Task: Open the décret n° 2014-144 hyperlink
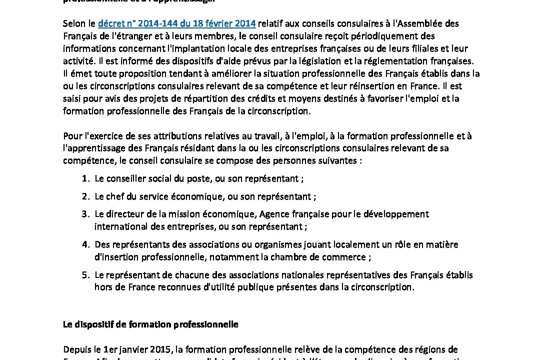176,23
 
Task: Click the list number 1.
85,178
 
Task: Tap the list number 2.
85,196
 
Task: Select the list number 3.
85,214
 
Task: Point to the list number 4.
85,244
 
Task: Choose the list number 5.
85,275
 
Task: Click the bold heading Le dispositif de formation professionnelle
150,324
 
